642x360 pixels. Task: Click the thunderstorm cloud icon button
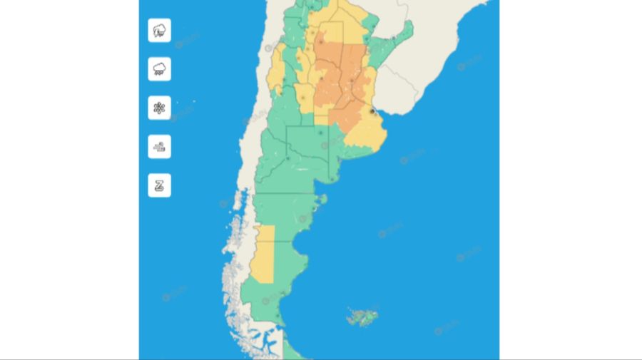click(x=160, y=31)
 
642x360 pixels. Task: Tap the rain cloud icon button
click(x=160, y=69)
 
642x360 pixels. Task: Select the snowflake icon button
click(x=160, y=108)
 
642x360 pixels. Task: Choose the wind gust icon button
click(x=160, y=146)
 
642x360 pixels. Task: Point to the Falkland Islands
click(x=362, y=316)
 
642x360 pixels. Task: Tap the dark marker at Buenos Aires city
click(x=372, y=111)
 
